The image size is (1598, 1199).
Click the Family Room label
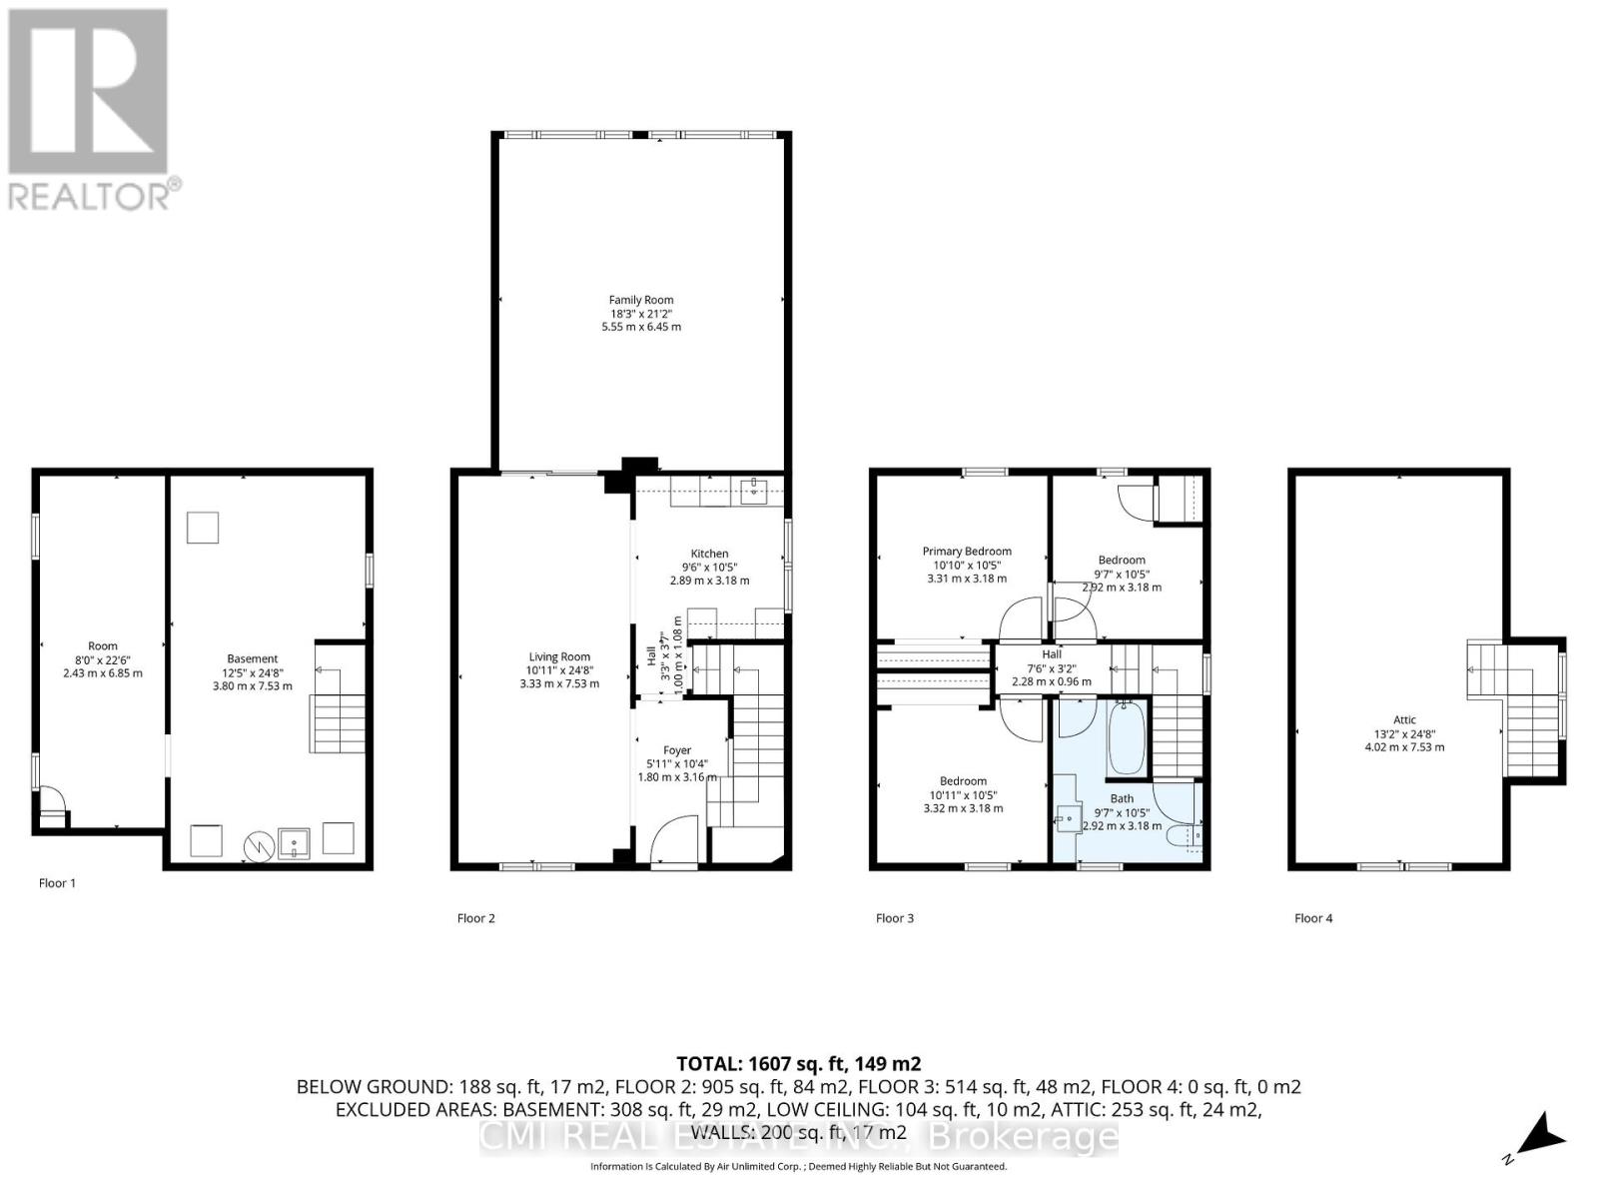pos(641,300)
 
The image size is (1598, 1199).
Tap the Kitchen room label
pos(709,554)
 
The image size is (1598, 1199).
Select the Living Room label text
pos(559,657)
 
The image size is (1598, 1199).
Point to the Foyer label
pos(677,750)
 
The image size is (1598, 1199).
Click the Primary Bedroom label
pos(966,552)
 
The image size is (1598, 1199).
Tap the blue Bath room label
pos(1122,798)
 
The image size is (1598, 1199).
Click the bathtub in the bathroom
pos(1126,738)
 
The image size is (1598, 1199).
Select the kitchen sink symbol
pos(754,490)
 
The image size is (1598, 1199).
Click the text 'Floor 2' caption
pos(476,918)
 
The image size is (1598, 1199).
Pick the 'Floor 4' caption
pos(1313,918)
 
